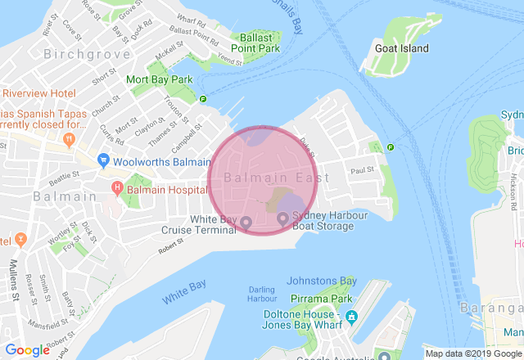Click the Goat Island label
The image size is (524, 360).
click(401, 48)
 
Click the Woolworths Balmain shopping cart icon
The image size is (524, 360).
click(104, 160)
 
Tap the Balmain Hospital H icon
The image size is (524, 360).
click(116, 190)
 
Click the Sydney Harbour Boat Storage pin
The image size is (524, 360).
click(282, 218)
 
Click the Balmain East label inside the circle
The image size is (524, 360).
click(276, 178)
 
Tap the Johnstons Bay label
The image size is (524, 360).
click(322, 281)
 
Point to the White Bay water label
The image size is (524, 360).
click(183, 293)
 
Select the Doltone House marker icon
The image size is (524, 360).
click(352, 315)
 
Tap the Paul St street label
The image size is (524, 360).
click(361, 170)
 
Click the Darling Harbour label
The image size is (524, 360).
click(262, 294)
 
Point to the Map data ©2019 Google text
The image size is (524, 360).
click(472, 353)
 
